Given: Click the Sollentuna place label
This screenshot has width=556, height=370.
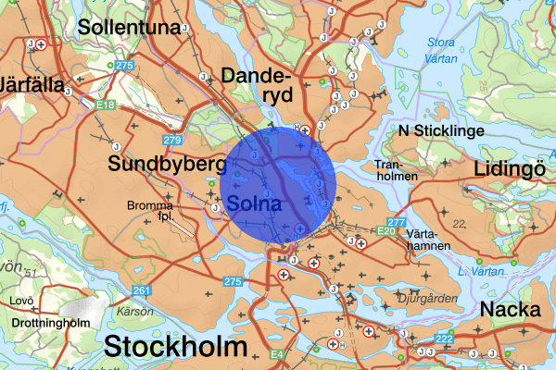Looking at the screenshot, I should point(130,27).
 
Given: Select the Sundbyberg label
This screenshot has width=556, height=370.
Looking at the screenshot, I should point(168,165).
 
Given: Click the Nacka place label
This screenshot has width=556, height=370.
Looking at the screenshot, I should point(511,309).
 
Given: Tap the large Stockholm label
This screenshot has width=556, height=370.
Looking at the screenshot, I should point(176,348).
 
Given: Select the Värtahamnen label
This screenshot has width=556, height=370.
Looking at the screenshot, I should point(428,240).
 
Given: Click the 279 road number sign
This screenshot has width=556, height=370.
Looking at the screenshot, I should point(171,140).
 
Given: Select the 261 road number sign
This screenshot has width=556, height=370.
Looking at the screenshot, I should point(141,290).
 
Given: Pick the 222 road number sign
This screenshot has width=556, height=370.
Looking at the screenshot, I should point(445,339).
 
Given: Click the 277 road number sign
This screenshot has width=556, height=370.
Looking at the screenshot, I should point(398,222).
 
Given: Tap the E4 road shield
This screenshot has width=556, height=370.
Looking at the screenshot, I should point(277,354).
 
